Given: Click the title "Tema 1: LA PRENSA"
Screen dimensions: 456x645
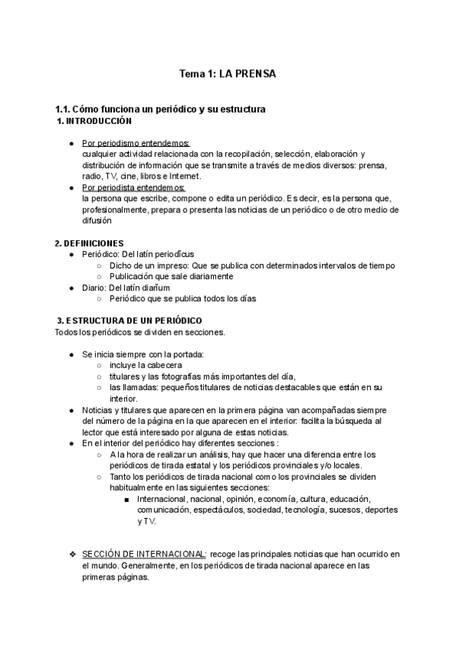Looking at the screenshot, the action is (x=227, y=75).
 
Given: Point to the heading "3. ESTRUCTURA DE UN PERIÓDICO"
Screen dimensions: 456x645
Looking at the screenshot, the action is (x=129, y=321).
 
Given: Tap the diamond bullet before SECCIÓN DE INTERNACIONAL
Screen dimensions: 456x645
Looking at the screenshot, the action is (x=72, y=554).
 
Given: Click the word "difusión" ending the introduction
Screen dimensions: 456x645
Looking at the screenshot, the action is (x=96, y=221).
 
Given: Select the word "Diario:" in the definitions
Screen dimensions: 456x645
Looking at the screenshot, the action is (x=94, y=288).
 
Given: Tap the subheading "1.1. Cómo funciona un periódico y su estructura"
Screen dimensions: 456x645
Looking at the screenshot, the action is (x=160, y=110).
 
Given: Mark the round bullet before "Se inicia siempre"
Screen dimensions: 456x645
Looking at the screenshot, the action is (x=72, y=354).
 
